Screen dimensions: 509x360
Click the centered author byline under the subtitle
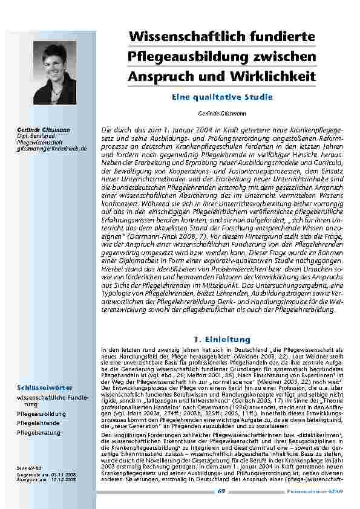click(223, 113)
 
